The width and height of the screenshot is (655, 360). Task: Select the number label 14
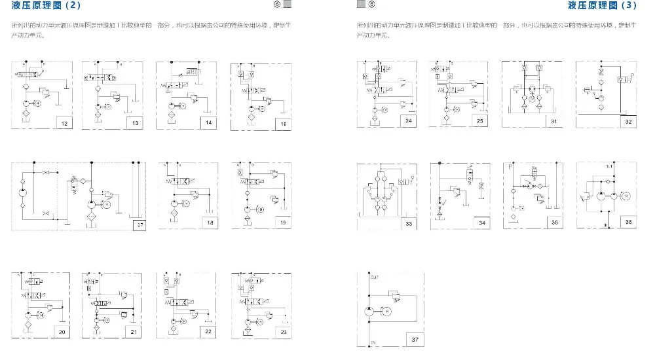pos(209,122)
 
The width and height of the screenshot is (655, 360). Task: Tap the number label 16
pos(283,122)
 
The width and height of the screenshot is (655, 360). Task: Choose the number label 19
pos(283,223)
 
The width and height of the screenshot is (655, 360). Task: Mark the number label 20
pos(62,332)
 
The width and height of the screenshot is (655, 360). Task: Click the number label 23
pos(283,332)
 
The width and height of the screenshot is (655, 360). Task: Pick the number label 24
pos(409,121)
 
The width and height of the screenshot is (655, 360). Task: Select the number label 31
pos(554,121)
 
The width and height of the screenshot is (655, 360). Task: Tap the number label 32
pos(629,121)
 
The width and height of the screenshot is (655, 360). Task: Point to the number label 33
pos(409,224)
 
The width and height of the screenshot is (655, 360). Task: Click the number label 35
pos(554,223)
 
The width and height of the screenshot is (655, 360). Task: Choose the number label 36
pos(629,223)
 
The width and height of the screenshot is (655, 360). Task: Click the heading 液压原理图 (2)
pos(47,5)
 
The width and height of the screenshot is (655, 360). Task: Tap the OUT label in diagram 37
pos(375,278)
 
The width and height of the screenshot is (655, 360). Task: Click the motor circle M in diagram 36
pos(624,195)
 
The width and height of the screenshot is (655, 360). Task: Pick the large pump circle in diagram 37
pos(368,310)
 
